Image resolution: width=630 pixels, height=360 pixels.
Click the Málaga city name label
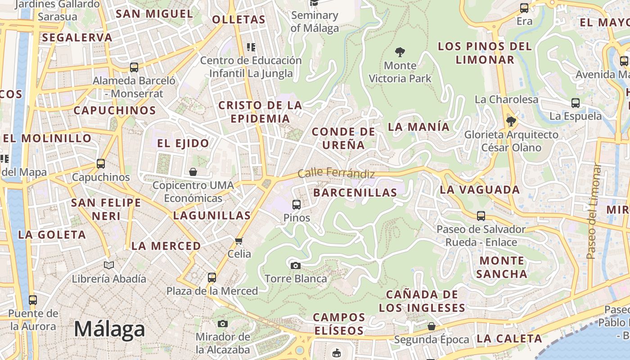109,329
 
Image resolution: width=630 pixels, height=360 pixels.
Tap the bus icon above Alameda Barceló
134,67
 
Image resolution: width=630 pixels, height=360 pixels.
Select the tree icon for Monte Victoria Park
400,52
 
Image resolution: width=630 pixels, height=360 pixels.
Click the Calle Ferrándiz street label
336,173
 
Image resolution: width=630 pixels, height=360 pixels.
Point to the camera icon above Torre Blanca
295,265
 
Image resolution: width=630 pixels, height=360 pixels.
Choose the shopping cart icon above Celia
239,241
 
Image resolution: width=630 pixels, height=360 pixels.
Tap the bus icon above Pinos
297,205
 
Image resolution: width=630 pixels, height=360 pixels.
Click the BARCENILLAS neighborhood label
355,193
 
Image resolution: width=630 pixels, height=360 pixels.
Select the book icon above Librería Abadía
109,265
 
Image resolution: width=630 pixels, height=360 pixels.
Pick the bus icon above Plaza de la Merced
212,278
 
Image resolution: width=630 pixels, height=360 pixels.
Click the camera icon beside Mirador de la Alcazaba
222,324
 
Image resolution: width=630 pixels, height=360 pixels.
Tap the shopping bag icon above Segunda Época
432,326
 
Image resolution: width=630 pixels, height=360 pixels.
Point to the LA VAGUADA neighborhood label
480,189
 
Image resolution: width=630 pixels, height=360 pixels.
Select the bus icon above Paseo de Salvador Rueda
481,216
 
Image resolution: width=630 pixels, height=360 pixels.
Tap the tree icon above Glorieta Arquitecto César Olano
511,121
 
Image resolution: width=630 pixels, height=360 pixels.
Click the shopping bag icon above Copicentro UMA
193,172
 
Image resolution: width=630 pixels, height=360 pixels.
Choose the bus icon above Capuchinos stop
101,164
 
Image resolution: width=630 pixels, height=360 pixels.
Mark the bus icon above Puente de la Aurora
33,300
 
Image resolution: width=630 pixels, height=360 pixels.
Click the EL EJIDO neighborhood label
183,144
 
